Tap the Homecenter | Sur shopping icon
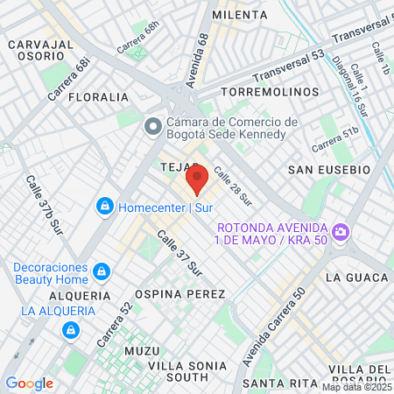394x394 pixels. pyautogui.click(x=105, y=207)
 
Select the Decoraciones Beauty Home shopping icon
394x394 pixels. pyautogui.click(x=102, y=271)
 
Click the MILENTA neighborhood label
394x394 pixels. pyautogui.click(x=239, y=15)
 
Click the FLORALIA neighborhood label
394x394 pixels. pyautogui.click(x=98, y=97)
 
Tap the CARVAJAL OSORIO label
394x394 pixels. pyautogui.click(x=40, y=50)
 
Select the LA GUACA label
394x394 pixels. pyautogui.click(x=355, y=278)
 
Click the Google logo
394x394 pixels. pyautogui.click(x=29, y=383)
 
